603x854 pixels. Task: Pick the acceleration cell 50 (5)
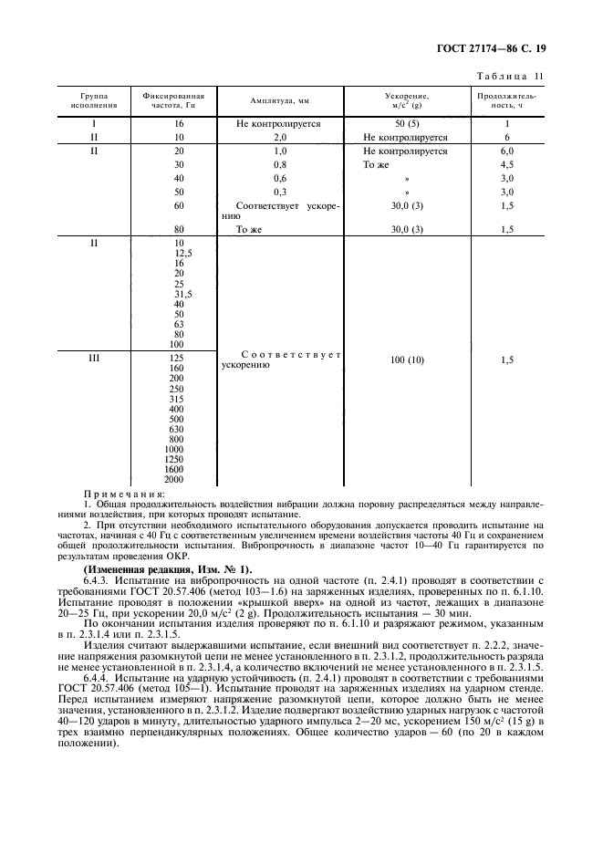[404, 122]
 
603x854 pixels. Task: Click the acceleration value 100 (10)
[404, 360]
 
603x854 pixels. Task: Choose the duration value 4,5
[507, 165]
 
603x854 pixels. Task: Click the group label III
[93, 359]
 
